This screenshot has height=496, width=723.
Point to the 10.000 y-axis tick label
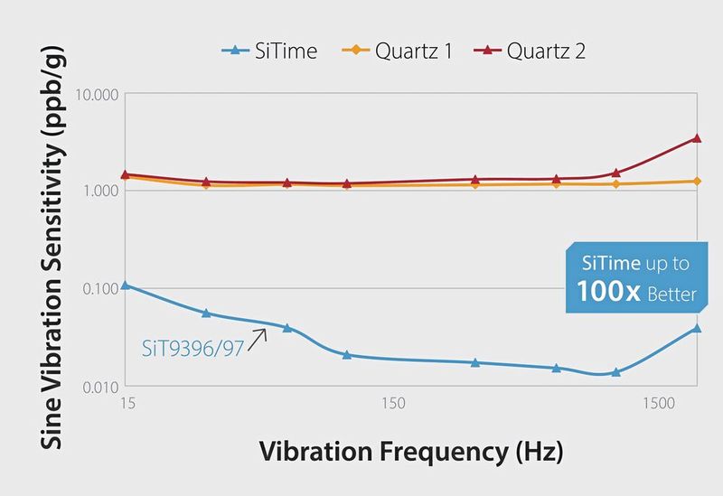coord(94,95)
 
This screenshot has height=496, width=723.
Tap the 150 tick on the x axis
coord(392,404)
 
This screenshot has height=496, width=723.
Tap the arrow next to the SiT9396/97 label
coord(259,338)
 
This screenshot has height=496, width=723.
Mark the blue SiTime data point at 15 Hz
coord(126,285)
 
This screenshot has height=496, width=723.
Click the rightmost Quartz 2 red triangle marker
coord(696,138)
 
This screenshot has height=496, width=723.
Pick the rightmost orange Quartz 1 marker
coord(696,182)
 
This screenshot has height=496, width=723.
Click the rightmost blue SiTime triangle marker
coord(696,327)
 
